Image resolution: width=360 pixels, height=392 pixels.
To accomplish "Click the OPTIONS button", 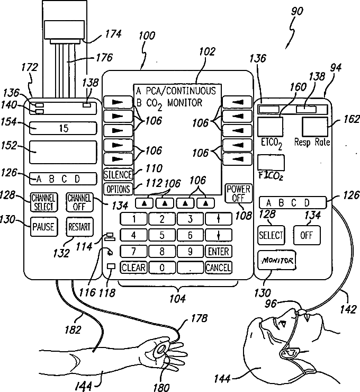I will coord(118,189).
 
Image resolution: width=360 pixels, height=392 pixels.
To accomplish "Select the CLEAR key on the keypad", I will coord(133,268).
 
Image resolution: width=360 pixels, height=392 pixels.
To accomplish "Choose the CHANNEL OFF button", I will coord(79,202).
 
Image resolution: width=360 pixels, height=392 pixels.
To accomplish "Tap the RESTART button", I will coord(79,227).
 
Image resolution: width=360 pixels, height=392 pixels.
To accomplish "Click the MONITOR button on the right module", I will coord(276,261).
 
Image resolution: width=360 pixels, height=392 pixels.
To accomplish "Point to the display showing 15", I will coord(64,129).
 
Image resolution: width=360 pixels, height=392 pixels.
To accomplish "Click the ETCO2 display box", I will coord(270,127).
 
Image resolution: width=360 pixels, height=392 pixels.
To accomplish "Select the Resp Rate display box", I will coord(316,127).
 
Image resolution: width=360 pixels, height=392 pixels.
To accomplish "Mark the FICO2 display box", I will coord(271,162).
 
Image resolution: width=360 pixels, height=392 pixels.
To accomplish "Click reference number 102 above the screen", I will coord(207,52).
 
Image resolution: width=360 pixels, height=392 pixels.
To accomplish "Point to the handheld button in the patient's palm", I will coord(160,349).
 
